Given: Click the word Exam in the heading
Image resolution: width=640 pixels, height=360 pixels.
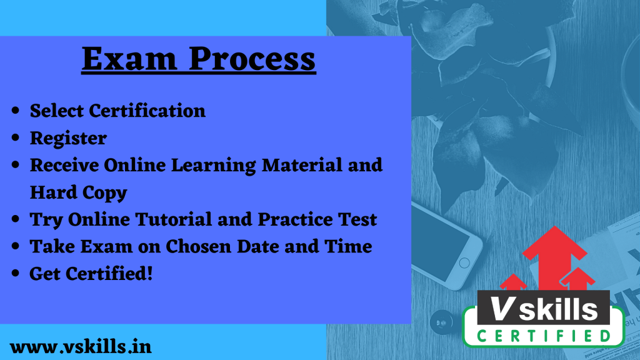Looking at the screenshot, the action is point(129,58).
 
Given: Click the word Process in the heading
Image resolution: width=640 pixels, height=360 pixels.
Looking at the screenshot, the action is point(252,58).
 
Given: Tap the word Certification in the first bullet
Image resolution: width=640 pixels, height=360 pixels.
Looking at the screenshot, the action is point(147,111).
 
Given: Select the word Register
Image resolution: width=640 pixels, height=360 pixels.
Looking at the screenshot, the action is point(68,139).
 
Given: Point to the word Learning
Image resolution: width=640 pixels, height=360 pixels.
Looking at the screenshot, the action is point(214,166).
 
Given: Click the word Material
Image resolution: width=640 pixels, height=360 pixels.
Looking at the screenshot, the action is point(302,165).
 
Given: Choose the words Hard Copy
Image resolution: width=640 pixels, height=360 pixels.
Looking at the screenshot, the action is point(78,192).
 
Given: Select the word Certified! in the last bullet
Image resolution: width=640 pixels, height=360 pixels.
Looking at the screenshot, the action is point(109,274).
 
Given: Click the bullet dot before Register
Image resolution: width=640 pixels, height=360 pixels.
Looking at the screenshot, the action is point(16,138).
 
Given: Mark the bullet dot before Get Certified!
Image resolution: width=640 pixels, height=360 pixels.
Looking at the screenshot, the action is point(16,274).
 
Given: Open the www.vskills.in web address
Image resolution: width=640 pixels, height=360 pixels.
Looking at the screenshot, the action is point(81,347).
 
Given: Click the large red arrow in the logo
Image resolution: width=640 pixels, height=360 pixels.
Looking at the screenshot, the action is point(554,257).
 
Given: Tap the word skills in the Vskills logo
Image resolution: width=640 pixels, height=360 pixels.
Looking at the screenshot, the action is point(558,309).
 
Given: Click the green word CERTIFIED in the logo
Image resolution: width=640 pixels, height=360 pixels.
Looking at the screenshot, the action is point(544,336).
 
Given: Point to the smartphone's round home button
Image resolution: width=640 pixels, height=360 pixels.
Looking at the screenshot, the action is point(464,263).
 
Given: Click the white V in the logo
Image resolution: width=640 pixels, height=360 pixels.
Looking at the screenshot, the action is point(501,309).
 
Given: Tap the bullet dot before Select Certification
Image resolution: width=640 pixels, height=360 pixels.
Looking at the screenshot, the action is point(16,111).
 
